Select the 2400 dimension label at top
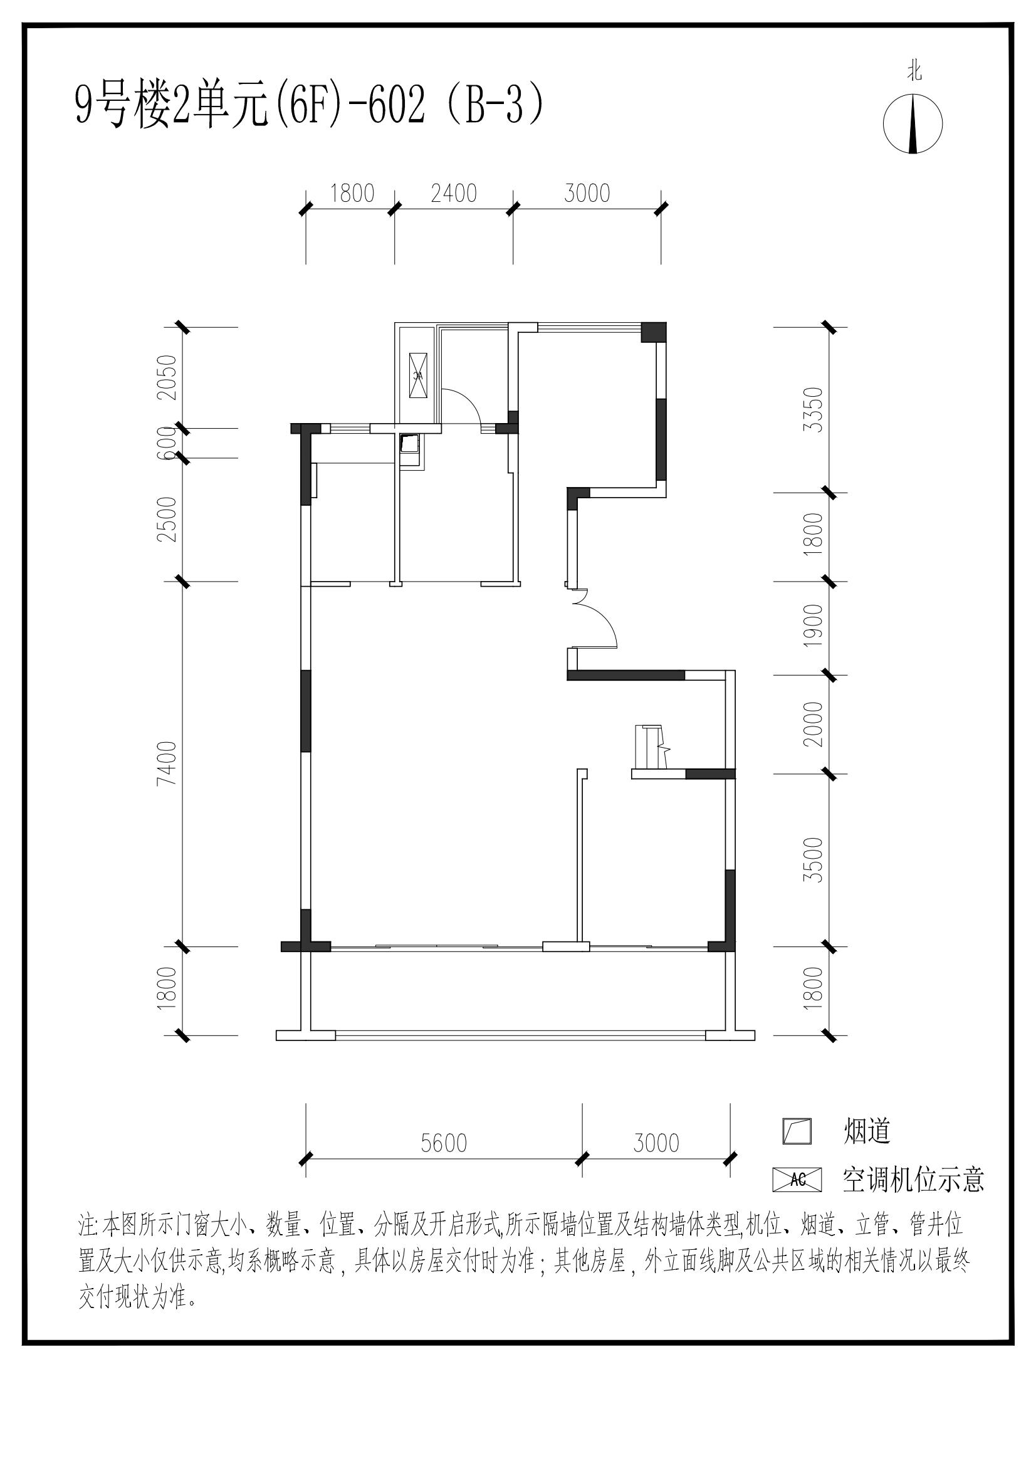tap(454, 194)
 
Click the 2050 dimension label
tap(168, 377)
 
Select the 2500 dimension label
tap(168, 519)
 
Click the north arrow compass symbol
tap(913, 124)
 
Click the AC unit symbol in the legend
tap(797, 1180)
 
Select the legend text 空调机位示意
tap(914, 1180)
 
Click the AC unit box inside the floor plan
tap(417, 375)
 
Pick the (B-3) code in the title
tap(495, 107)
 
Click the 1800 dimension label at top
tap(352, 194)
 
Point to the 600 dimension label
tap(168, 443)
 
